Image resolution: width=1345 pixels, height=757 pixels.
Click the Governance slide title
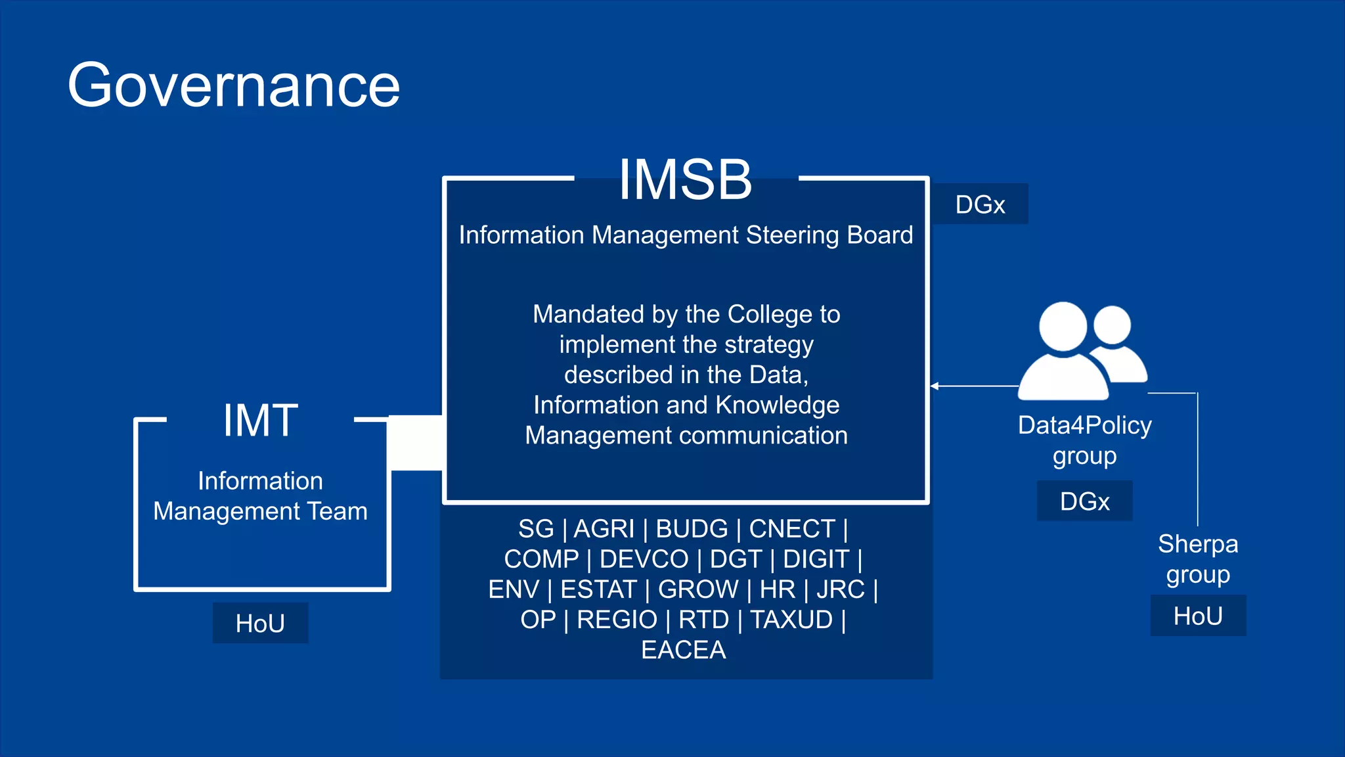(x=234, y=85)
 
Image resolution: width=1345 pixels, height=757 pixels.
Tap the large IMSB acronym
(x=685, y=179)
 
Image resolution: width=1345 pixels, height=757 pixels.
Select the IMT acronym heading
(x=260, y=421)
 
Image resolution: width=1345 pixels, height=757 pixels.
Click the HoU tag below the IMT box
(x=260, y=623)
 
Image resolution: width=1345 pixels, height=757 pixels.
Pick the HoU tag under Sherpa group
(x=1197, y=616)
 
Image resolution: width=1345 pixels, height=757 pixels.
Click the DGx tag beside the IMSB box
(x=980, y=204)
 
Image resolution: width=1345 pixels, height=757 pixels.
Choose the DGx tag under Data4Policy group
(x=1084, y=501)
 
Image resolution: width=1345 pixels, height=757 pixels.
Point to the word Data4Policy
(x=1084, y=425)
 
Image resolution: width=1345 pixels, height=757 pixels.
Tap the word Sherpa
(x=1197, y=544)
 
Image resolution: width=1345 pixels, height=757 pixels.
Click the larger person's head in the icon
(x=1063, y=327)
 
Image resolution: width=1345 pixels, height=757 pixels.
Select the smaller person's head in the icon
(x=1112, y=325)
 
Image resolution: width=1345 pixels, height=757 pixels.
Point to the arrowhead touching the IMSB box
(x=935, y=386)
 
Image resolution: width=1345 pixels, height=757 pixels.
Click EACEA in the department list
(x=683, y=650)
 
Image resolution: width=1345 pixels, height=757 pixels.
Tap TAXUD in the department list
(x=791, y=620)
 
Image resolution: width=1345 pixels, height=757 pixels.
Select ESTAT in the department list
(x=598, y=589)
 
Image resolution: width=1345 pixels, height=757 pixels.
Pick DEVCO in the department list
(x=644, y=559)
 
